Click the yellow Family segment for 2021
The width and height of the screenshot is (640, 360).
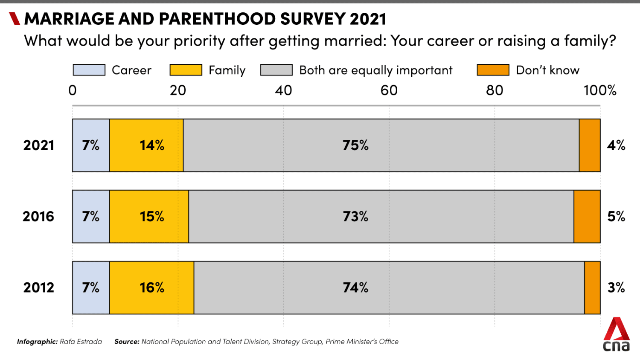click(x=146, y=145)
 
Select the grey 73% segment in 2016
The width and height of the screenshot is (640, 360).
click(x=381, y=217)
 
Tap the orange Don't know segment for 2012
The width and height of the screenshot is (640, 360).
click(x=592, y=288)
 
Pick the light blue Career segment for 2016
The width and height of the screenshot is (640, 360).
click(x=91, y=217)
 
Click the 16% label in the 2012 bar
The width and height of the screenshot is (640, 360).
click(x=152, y=288)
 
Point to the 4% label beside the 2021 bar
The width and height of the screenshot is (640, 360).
click(x=616, y=145)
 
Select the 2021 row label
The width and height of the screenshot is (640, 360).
click(x=39, y=145)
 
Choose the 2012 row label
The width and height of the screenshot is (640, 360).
click(x=39, y=288)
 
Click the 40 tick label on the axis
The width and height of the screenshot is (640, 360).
click(x=283, y=90)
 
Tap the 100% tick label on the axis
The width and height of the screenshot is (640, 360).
click(x=600, y=90)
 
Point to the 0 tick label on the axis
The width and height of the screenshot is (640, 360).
click(x=73, y=90)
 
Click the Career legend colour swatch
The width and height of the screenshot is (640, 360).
click(x=89, y=70)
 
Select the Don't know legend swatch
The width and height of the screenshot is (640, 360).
click(x=493, y=70)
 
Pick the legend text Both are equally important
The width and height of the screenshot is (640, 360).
click(x=375, y=70)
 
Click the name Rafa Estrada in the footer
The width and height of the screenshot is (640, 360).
click(x=81, y=342)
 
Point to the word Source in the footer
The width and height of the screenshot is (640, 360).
click(x=127, y=342)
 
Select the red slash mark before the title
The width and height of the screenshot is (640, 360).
click(x=15, y=19)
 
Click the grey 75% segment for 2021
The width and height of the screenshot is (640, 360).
click(x=381, y=145)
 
